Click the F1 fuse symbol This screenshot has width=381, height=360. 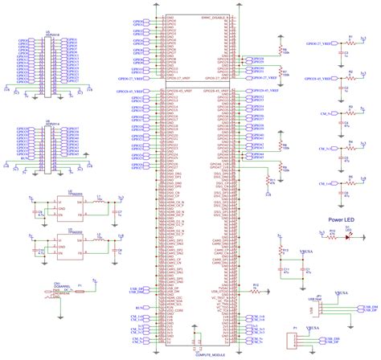(x=89, y=287)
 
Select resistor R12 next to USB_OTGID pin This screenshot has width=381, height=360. (x=256, y=288)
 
